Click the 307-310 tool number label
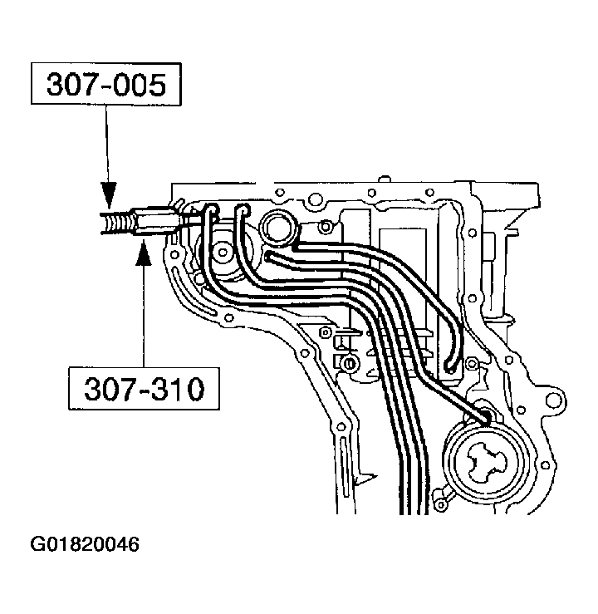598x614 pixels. [x=144, y=388]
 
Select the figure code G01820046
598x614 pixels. [x=85, y=545]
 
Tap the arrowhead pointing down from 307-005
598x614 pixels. [x=107, y=199]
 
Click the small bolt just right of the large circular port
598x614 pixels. [x=327, y=227]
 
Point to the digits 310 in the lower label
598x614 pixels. [x=177, y=388]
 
